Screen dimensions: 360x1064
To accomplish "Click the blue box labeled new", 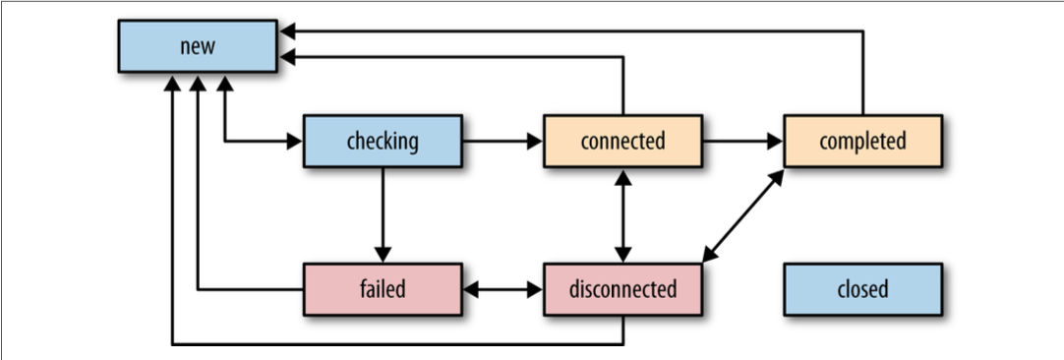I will pyautogui.click(x=198, y=47).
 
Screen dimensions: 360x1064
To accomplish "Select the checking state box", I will pyautogui.click(x=382, y=142).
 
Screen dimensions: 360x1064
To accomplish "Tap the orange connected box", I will pyautogui.click(x=622, y=142).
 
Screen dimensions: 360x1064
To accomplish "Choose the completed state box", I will pyautogui.click(x=862, y=142).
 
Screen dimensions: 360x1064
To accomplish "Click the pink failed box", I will pyautogui.click(x=382, y=289).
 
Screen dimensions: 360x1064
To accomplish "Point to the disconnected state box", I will pyautogui.click(x=622, y=289).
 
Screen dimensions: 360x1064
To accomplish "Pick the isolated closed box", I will pyautogui.click(x=862, y=289).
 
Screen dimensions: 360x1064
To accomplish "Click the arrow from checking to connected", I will pyautogui.click(x=502, y=142).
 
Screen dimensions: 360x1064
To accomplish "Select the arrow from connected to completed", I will pyautogui.click(x=742, y=142).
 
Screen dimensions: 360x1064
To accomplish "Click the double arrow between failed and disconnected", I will pyautogui.click(x=502, y=289).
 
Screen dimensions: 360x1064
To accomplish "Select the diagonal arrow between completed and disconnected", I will pyautogui.click(x=743, y=215).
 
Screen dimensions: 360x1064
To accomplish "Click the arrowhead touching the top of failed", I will pyautogui.click(x=382, y=255).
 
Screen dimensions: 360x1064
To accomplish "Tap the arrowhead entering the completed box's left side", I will pyautogui.click(x=776, y=142).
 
